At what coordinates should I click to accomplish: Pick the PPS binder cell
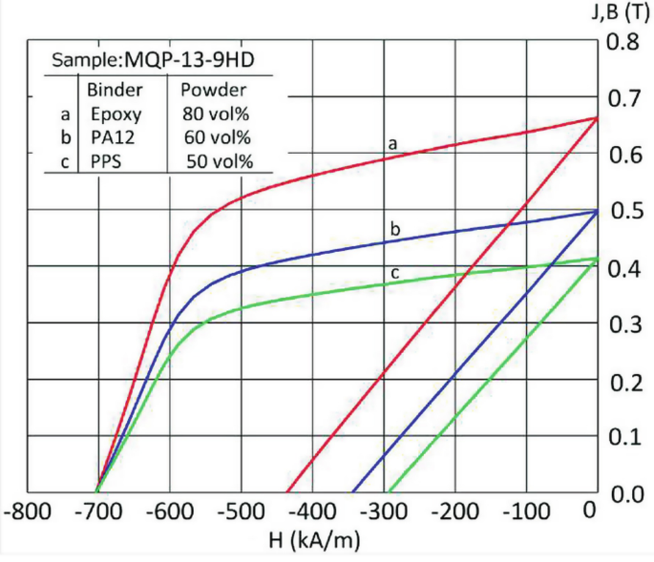(x=107, y=162)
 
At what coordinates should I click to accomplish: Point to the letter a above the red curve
(x=391, y=143)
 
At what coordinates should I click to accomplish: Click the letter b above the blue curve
(x=394, y=228)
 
